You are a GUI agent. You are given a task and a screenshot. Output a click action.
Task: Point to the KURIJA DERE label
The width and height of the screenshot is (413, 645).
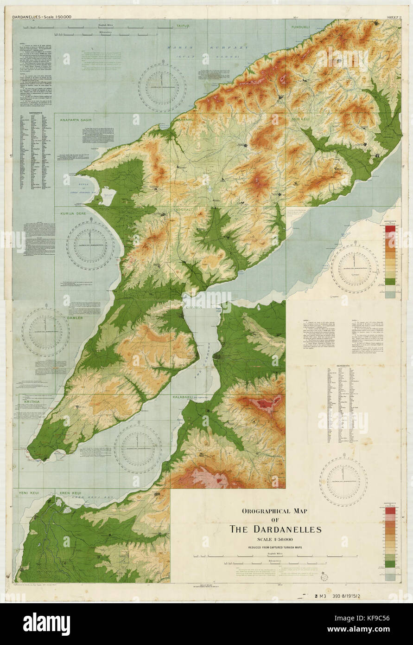tap(74, 213)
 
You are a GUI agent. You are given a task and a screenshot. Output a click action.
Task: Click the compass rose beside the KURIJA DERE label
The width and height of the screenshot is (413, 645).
tap(90, 244)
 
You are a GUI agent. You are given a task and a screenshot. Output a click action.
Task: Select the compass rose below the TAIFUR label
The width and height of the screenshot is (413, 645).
tap(162, 88)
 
